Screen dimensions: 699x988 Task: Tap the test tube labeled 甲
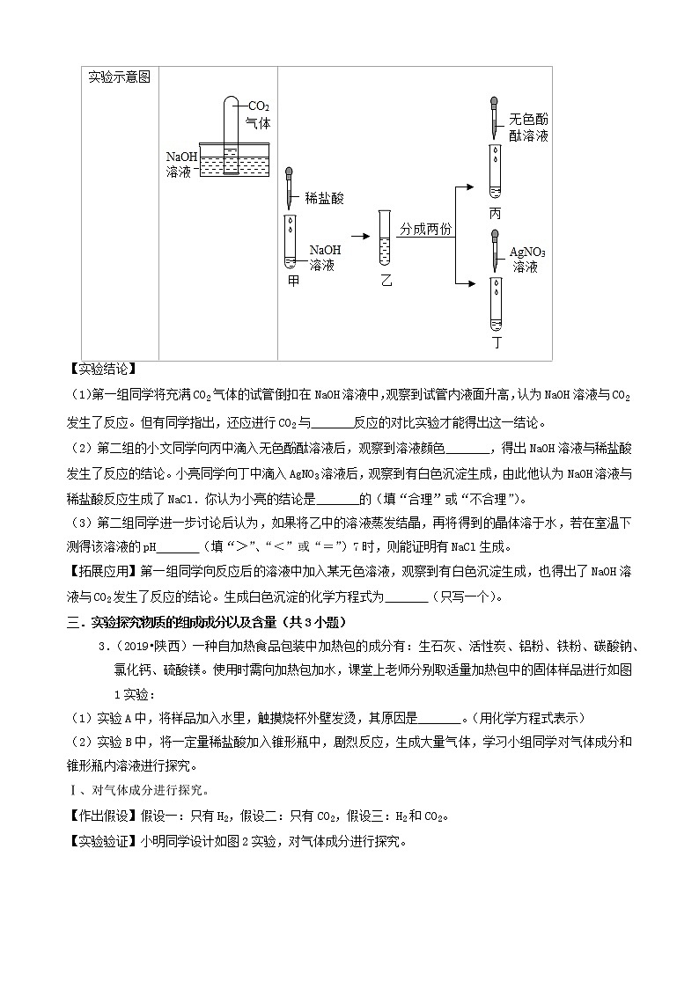click(x=289, y=240)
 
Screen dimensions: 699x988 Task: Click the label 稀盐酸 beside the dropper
click(x=325, y=199)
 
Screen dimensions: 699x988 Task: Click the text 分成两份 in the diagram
click(x=426, y=228)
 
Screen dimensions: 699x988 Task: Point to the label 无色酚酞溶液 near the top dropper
click(x=528, y=128)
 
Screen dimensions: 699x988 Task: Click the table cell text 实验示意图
click(x=119, y=77)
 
